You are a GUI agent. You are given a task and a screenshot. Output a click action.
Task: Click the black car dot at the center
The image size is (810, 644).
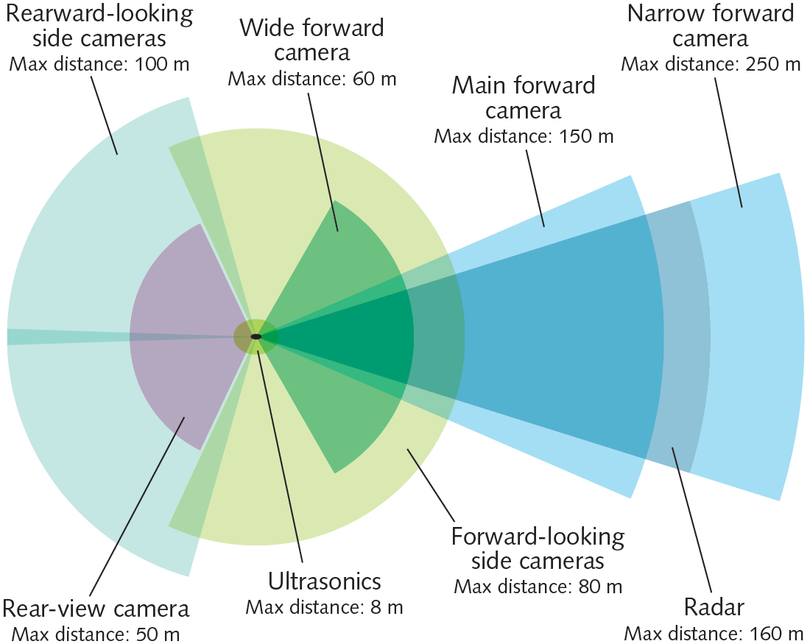pyautogui.click(x=256, y=336)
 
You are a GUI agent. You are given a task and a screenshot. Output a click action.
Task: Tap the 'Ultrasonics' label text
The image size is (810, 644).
pyautogui.click(x=324, y=581)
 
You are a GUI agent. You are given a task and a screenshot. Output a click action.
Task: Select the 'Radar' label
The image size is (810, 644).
pyautogui.click(x=714, y=607)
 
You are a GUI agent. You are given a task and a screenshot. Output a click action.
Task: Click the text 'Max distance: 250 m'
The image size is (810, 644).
pyautogui.click(x=711, y=63)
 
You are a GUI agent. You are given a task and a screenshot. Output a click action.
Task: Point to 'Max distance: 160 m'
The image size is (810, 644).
pyautogui.click(x=714, y=633)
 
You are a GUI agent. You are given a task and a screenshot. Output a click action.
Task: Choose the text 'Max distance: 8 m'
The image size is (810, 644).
pyautogui.click(x=324, y=607)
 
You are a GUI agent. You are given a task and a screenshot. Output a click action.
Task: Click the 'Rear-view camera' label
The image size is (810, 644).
pyautogui.click(x=96, y=609)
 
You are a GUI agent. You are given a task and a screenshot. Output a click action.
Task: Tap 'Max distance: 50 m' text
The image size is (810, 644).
pyautogui.click(x=96, y=633)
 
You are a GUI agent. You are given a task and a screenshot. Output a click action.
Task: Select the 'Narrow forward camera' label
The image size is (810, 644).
pyautogui.click(x=711, y=25)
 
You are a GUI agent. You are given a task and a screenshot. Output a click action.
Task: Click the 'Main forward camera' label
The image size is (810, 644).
pyautogui.click(x=524, y=98)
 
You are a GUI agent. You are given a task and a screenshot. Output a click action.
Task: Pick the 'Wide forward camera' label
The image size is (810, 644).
pyautogui.click(x=312, y=40)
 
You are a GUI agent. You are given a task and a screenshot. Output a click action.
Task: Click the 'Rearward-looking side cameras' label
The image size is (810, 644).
pyautogui.click(x=99, y=25)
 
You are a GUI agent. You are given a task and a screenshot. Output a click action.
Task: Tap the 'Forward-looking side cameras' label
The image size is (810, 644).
pyautogui.click(x=538, y=548)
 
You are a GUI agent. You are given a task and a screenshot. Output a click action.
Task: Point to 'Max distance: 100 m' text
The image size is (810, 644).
pyautogui.click(x=99, y=63)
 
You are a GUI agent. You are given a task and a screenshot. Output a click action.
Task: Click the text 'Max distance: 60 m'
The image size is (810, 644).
pyautogui.click(x=312, y=79)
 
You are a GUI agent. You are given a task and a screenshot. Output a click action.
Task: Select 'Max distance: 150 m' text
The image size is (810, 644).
pyautogui.click(x=524, y=136)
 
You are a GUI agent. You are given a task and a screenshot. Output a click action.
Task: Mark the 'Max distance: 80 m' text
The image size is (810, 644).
pyautogui.click(x=538, y=587)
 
